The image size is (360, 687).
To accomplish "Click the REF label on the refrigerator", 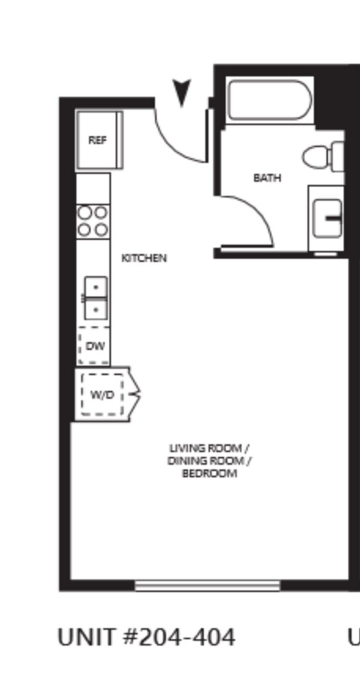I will [97, 140].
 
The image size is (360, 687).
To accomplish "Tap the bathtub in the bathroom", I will [270, 100].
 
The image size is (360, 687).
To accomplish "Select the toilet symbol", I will [321, 156].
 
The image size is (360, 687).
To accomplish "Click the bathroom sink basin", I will [327, 218].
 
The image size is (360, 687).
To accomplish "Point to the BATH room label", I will [267, 178].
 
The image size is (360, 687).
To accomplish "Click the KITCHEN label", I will [144, 258].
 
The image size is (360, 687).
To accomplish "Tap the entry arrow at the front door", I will [181, 92].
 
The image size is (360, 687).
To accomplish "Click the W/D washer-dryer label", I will [102, 395].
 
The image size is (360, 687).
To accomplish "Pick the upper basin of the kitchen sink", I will [96, 287].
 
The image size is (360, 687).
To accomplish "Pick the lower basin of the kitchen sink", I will [96, 309].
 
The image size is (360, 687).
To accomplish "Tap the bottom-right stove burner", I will [101, 229].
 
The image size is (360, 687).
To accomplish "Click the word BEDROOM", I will [209, 474].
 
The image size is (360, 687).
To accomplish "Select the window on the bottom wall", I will [207, 585].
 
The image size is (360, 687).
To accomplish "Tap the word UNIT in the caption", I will [87, 637].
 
